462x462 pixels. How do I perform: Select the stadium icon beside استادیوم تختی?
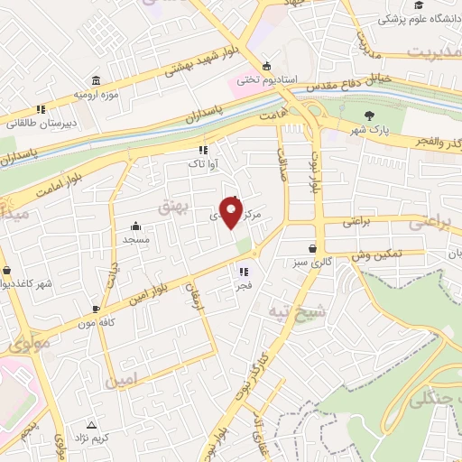265,66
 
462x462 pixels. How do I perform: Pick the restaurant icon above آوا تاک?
203,151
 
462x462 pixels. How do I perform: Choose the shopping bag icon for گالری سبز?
312,248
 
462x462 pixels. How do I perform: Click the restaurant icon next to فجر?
243,271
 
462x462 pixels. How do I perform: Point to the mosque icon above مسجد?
135,226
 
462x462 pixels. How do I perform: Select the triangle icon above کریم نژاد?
91,424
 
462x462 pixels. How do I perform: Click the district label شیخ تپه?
269,311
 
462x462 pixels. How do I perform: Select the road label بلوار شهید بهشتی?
190,64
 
